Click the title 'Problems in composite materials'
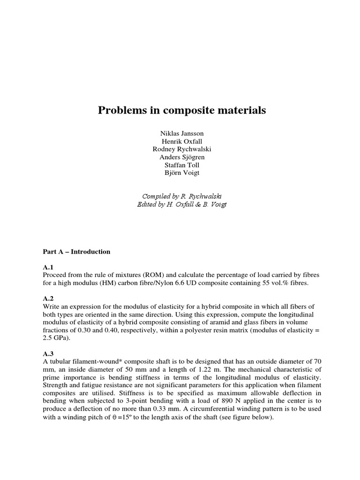tap(181, 111)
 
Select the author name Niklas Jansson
tap(182, 134)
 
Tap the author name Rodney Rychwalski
tap(182, 149)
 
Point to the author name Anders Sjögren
tap(182, 157)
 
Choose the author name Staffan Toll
tap(182, 165)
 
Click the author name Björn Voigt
tap(182, 173)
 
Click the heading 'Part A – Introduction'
tap(76, 252)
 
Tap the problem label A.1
tap(48, 267)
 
